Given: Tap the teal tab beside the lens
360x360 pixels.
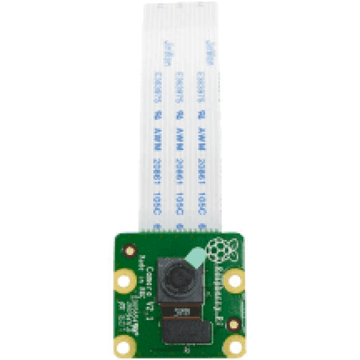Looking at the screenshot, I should click(195, 258).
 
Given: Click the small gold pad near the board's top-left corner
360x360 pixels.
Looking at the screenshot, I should click(130, 251).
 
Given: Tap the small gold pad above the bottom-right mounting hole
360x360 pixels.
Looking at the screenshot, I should click(233, 324).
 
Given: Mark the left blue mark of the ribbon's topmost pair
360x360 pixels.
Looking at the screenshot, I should click(168, 53).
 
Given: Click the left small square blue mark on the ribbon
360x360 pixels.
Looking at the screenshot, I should click(157, 115).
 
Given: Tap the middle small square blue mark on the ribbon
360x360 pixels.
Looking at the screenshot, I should click(179, 114).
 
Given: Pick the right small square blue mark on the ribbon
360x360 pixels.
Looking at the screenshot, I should click(201, 114).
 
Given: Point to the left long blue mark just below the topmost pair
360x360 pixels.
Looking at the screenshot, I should click(157, 87).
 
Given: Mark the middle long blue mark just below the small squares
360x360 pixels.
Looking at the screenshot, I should click(179, 139).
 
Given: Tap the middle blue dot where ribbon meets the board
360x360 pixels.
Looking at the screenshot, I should click(180, 226).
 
